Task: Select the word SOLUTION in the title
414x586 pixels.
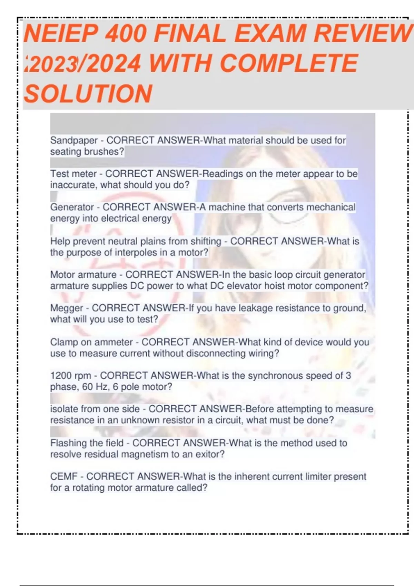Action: (88, 94)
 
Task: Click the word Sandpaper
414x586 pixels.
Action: (74, 141)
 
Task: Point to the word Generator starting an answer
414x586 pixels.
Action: (72, 207)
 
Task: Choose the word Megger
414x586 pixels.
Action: (67, 308)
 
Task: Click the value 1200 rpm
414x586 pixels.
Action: (71, 375)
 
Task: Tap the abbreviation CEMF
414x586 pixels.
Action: (64, 477)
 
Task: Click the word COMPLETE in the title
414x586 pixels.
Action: (288, 64)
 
